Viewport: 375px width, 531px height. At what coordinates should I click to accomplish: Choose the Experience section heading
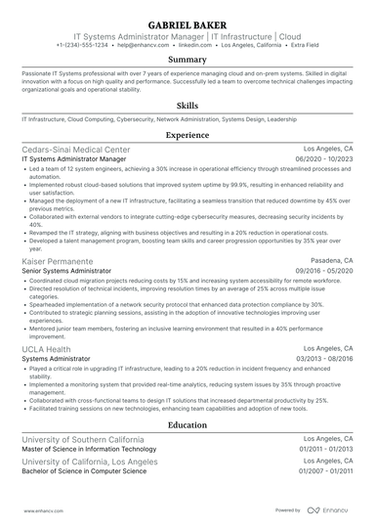coord(187,135)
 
